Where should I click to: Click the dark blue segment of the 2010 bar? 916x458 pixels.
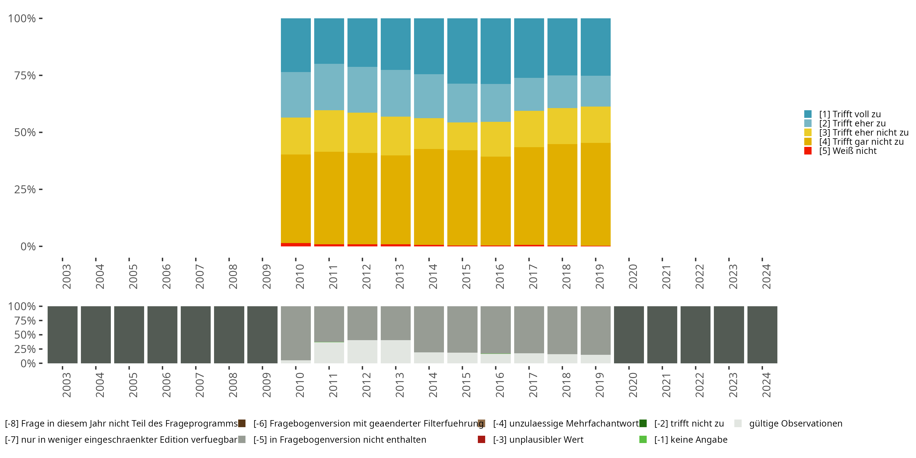296,45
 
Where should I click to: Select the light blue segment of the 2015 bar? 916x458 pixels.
462,103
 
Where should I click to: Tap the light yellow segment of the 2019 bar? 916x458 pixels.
595,125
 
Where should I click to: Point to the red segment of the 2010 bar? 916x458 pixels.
296,245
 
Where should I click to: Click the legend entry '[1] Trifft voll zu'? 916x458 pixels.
849,114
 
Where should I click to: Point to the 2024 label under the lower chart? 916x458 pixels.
766,385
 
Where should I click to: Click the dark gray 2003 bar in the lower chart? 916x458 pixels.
63,335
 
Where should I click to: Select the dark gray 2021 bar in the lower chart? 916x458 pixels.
662,335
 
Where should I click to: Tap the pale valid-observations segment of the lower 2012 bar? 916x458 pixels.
362,352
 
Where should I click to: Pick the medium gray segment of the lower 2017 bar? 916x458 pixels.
529,329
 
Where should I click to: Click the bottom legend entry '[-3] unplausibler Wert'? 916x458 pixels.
538,439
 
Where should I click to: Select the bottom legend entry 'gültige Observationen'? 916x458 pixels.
795,423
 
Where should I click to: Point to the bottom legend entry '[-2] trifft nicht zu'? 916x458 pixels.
689,423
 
